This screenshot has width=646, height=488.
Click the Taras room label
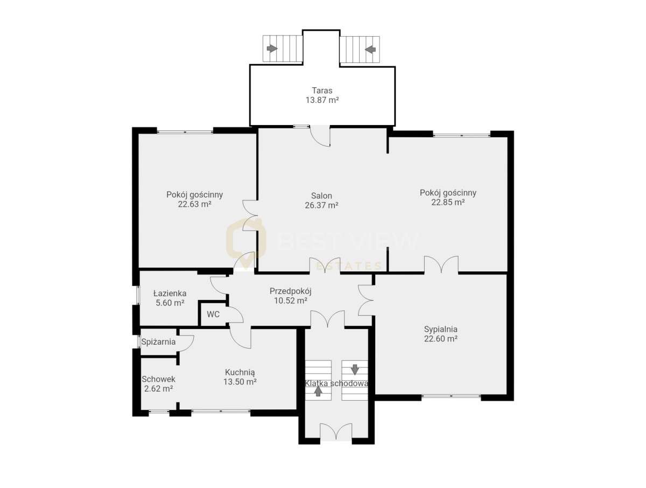point(322,90)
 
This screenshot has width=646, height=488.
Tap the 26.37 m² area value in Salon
point(321,205)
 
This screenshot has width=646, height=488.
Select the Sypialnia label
point(440,329)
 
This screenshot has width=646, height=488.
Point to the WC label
point(213,315)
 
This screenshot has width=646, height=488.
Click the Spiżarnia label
point(158,341)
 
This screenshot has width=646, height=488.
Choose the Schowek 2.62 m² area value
point(158,388)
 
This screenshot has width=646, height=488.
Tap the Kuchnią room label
point(240,372)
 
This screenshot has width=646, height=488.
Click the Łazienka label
point(170,294)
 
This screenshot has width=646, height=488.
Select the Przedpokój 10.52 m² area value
point(291,301)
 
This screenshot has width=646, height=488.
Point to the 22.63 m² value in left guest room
point(194,204)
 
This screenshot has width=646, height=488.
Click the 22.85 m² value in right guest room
point(448,203)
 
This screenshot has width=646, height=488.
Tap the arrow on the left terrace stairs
point(272,49)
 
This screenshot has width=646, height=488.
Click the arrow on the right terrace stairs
point(370,49)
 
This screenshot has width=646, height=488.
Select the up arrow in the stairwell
point(318,391)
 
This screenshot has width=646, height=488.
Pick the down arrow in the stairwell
point(355,370)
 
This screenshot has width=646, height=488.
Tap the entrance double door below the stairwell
point(336,432)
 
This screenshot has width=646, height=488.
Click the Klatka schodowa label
point(336,384)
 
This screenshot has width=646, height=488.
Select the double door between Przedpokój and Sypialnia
point(366,299)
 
